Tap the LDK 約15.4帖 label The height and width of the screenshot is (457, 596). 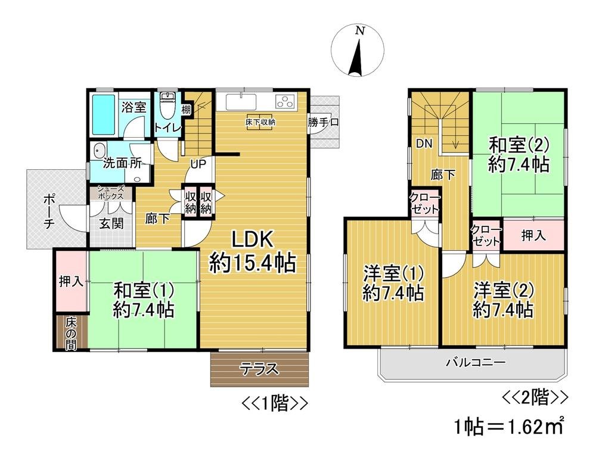pos(252,251)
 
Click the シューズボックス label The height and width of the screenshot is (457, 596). pos(111,192)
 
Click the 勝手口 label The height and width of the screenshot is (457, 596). pos(323,123)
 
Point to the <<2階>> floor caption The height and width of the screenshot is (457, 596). pos(535,396)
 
